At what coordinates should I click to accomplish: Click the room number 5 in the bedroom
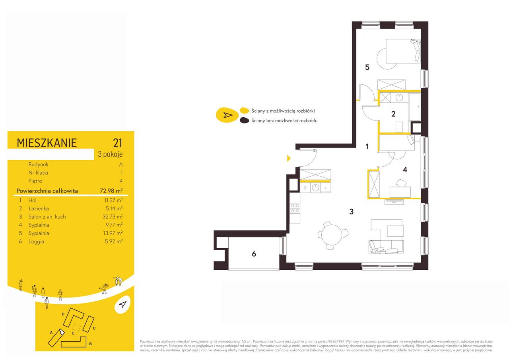tap(367, 67)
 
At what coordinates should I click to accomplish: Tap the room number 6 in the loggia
tap(254, 254)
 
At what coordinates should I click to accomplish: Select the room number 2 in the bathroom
tap(393, 114)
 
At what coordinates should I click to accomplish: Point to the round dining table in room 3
tap(332, 234)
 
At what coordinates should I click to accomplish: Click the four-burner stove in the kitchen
tap(295, 208)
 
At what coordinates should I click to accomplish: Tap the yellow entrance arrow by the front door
tap(289, 158)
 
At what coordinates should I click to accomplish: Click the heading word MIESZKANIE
tap(47, 143)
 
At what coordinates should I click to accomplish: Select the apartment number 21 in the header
tap(117, 143)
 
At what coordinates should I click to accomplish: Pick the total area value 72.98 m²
tap(111, 191)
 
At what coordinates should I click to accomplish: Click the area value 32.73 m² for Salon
tap(113, 216)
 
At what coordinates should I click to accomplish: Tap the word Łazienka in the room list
tap(39, 208)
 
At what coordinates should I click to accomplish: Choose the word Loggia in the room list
tap(36, 241)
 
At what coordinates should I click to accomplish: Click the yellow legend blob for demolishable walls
tap(245, 111)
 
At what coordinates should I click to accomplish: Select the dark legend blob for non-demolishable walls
tap(245, 120)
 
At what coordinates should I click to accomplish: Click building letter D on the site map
tap(63, 314)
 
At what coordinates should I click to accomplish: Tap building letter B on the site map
tap(90, 344)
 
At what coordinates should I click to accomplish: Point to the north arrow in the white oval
tap(122, 304)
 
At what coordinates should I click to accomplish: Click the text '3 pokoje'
tap(110, 154)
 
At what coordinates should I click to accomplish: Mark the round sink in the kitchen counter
tap(315, 188)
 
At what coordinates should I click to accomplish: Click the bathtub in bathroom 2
tap(414, 107)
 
